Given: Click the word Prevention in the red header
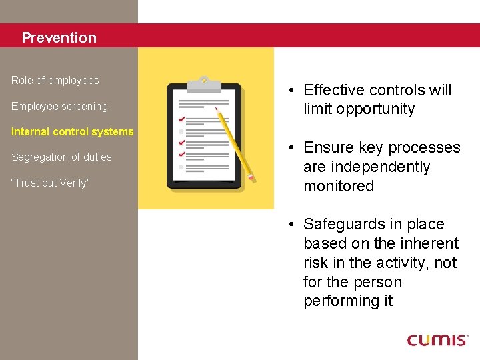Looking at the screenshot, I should point(59,38).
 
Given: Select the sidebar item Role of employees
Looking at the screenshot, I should point(55,81).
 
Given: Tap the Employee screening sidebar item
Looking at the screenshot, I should point(59,106).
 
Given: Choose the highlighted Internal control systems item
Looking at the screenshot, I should point(72,131).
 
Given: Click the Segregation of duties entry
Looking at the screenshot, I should point(61,157).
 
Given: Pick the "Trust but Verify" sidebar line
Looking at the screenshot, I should point(49,183).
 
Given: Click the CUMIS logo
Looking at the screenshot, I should point(437,340).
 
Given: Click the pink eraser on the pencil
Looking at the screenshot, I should point(251,177).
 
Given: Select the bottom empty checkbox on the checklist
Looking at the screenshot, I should point(181,167).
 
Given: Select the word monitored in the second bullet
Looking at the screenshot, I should point(339,186).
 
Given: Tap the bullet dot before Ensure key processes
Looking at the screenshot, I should point(293,148).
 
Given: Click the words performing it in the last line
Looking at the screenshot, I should point(348,301).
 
